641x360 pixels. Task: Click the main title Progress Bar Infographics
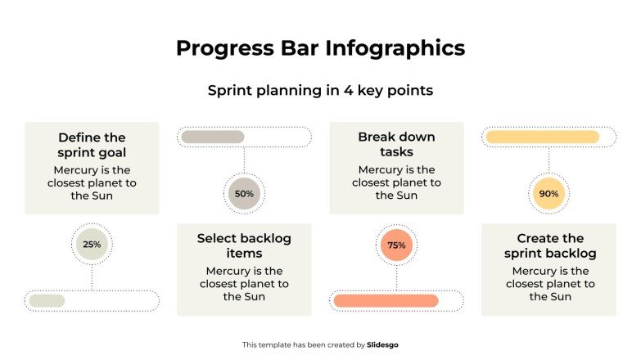[x=320, y=48]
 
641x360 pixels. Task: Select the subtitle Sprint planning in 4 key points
[x=320, y=91]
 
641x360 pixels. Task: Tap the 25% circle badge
[x=92, y=244]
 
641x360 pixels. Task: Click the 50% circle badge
[x=244, y=194]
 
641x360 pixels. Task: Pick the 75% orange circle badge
[x=396, y=245]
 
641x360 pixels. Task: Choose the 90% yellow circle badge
[x=548, y=194]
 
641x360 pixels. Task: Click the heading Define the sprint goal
[x=92, y=145]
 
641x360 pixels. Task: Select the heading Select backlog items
[x=244, y=245]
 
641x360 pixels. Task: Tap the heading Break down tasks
[x=396, y=144]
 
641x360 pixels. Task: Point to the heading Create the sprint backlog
[x=548, y=245]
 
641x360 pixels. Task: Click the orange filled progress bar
[x=386, y=300]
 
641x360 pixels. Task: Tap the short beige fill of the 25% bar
[x=47, y=300]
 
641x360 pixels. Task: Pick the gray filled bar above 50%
[x=213, y=137]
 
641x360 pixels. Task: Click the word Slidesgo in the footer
[x=383, y=345]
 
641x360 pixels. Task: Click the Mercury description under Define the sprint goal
[x=92, y=182]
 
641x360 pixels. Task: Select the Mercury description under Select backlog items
[x=244, y=283]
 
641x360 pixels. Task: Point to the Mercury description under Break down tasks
[x=396, y=182]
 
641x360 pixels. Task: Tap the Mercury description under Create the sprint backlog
[x=548, y=283]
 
